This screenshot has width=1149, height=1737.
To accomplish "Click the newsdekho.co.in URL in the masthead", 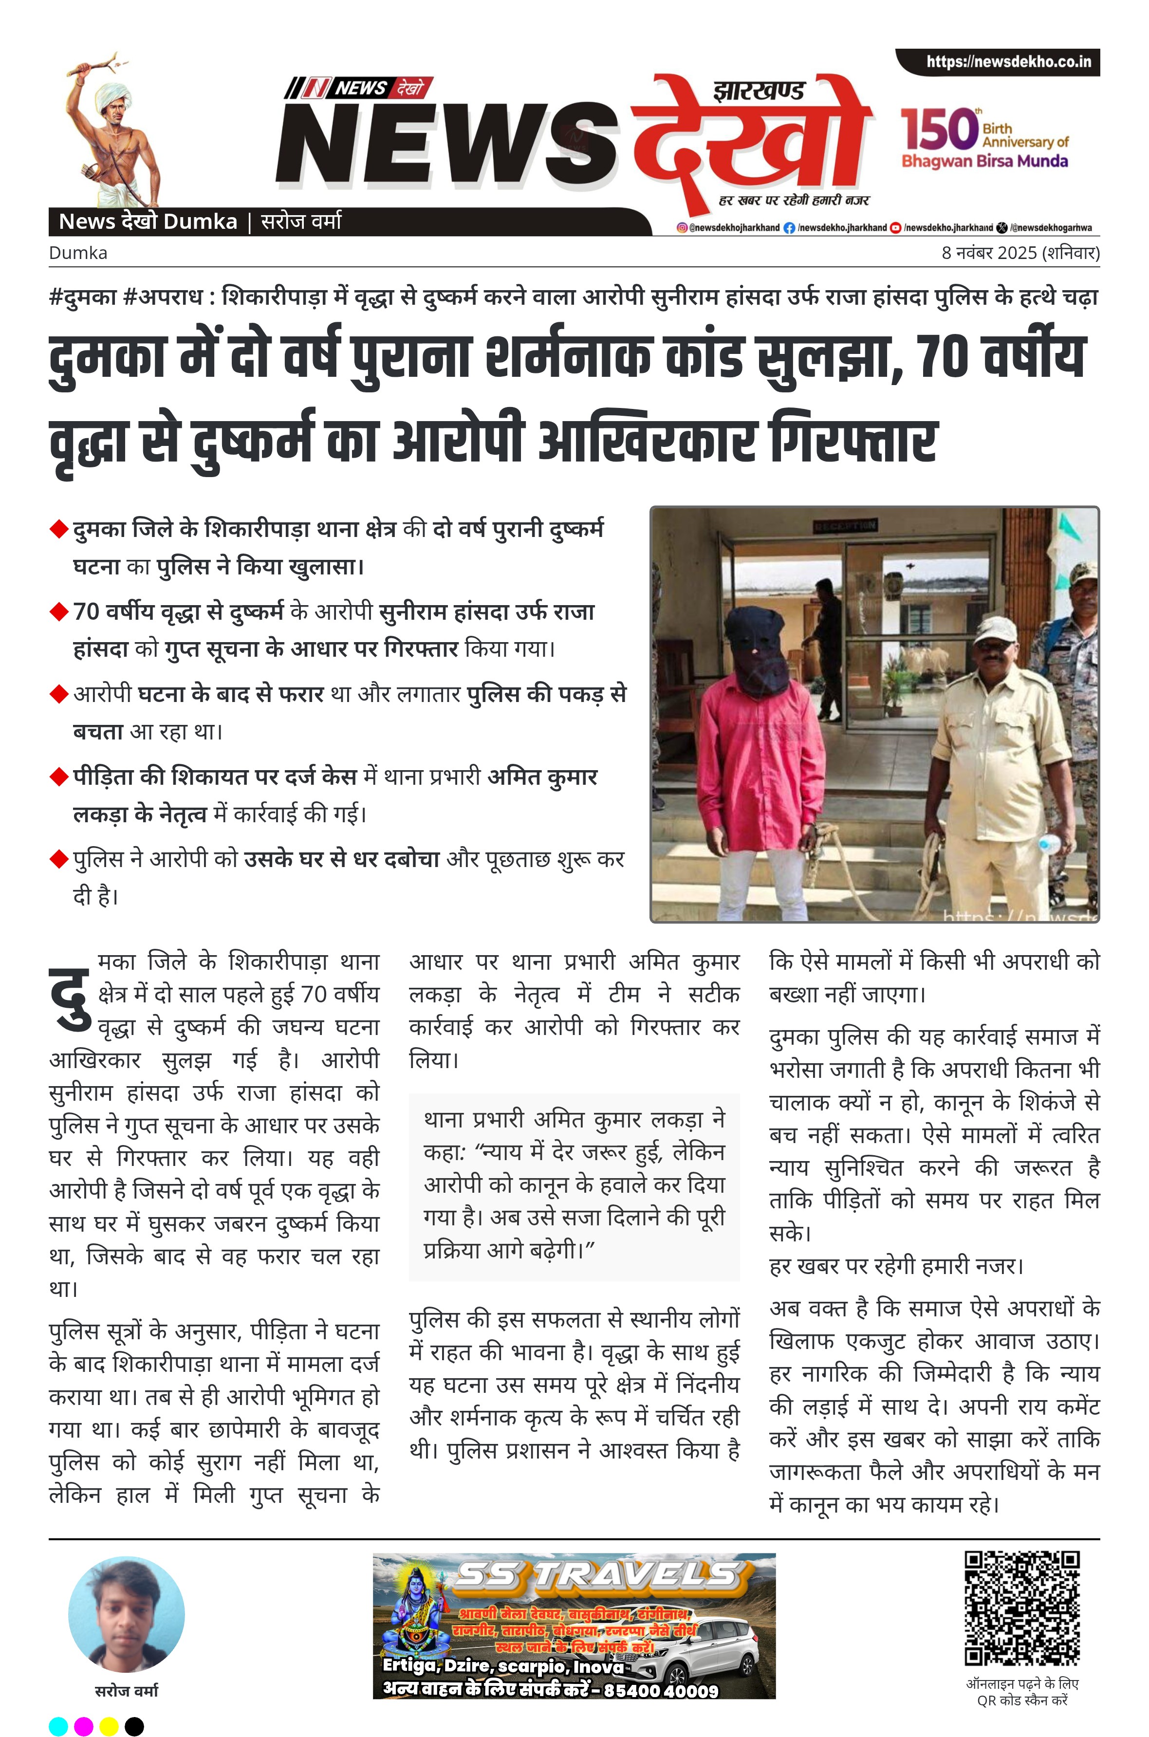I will [1008, 61].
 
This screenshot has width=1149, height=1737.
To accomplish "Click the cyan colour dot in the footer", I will [58, 1727].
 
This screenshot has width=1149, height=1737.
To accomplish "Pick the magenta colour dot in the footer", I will [84, 1727].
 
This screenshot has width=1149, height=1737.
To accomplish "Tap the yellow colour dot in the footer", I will [109, 1727].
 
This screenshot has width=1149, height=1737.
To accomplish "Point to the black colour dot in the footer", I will [134, 1727].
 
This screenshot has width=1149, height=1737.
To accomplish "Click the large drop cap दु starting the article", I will [70, 998].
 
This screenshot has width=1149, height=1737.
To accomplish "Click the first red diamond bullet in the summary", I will [58, 530].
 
